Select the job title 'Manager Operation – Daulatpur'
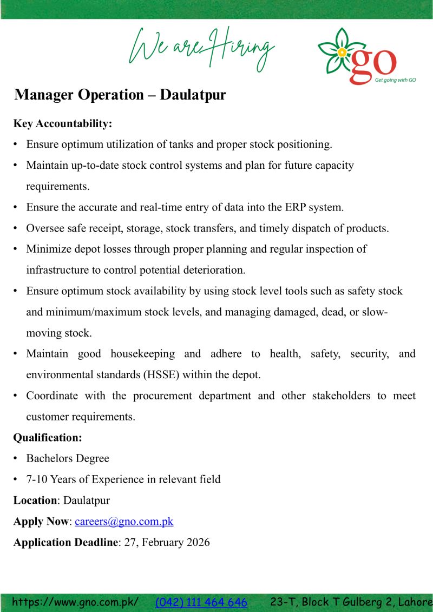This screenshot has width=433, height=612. [x=120, y=95]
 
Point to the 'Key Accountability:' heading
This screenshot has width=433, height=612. [x=62, y=124]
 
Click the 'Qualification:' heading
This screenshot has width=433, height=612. [x=47, y=437]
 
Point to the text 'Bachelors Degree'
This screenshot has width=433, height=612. [x=68, y=458]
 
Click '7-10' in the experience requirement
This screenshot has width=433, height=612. [x=37, y=479]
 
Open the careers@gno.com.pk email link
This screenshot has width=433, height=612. [x=124, y=522]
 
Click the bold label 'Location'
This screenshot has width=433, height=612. [x=35, y=501]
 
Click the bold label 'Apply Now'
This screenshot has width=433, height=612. [x=41, y=522]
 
